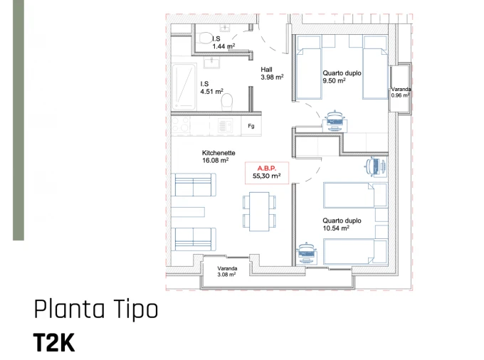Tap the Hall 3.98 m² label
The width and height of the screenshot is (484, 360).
coord(272,73)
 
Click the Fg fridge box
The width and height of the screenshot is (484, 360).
coord(251,127)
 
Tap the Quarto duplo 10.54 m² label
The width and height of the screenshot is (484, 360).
coord(341,225)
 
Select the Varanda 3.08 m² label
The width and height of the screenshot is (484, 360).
coord(227,271)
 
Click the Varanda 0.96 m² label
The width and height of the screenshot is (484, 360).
coord(401,92)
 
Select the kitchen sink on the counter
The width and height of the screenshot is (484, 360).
coord(225,127)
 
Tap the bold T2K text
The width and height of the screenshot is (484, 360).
coord(53,342)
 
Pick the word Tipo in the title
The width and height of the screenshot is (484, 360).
coord(135,310)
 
